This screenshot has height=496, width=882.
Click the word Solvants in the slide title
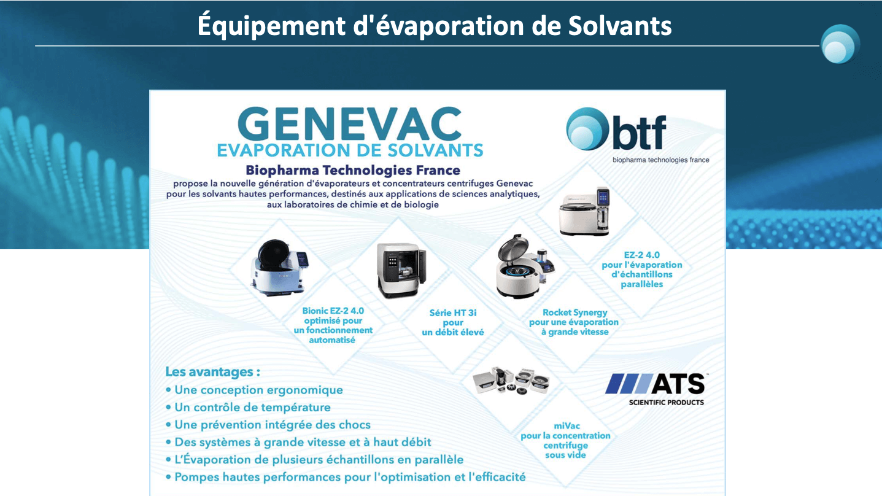pos(620,26)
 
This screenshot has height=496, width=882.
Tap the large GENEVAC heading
pos(350,124)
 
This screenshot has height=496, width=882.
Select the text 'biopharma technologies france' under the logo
pos(660,160)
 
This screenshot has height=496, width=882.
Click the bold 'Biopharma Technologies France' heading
pos(353,170)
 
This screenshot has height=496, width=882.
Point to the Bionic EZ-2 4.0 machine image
pos(279,268)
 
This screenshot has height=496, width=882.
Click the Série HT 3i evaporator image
pos(401,271)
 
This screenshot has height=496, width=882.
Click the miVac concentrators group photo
pos(511,381)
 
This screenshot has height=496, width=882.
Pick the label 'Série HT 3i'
pos(453,313)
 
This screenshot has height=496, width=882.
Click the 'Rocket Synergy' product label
pos(575,312)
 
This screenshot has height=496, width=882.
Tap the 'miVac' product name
pos(567,426)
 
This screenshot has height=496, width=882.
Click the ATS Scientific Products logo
pos(655,389)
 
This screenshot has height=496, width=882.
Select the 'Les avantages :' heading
pos(212,371)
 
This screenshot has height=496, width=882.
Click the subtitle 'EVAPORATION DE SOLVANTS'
pos(350,150)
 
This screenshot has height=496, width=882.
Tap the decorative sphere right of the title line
pos(840,44)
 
